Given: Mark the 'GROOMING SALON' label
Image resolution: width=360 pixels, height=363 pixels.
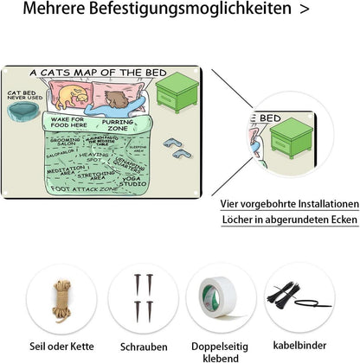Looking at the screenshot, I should pyautogui.click(x=65, y=142).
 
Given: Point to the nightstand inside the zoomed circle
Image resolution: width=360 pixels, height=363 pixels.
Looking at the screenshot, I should pyautogui.click(x=292, y=137).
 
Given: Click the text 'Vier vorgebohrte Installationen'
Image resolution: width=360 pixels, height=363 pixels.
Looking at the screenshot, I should pyautogui.click(x=288, y=204).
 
